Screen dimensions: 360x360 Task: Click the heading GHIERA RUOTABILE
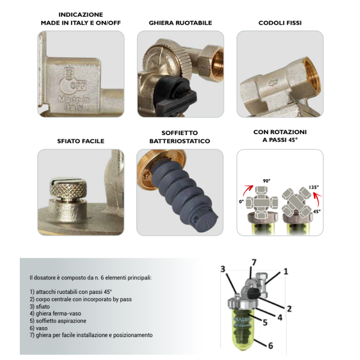(180, 22)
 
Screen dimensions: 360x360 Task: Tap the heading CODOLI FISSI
(280, 22)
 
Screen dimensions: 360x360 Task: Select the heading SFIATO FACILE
(81, 141)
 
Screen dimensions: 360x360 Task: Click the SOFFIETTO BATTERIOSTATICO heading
(180, 137)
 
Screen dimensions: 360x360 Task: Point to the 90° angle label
(266, 181)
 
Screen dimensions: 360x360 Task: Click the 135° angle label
(313, 187)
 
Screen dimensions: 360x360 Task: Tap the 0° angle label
(241, 202)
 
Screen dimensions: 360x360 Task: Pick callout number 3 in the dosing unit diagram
(222, 269)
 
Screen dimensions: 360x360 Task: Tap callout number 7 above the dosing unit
(253, 262)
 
